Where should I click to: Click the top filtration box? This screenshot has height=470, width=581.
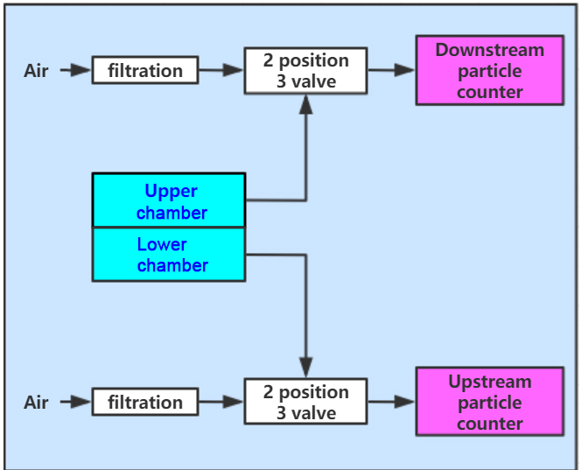tap(145, 70)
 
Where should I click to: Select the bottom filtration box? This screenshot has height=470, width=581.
tap(145, 402)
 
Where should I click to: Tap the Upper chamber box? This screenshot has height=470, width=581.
tap(169, 200)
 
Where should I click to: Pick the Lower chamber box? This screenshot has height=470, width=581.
tap(169, 255)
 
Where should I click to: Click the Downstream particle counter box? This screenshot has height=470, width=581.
tap(490, 70)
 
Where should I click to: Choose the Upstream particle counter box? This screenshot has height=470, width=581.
tap(490, 402)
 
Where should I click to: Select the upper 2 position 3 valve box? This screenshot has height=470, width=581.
tap(305, 70)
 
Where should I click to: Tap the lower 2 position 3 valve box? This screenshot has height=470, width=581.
tap(305, 402)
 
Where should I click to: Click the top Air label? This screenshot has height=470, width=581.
tap(36, 70)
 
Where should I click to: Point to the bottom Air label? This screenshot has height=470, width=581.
tap(36, 402)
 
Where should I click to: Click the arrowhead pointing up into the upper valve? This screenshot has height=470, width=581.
tap(305, 104)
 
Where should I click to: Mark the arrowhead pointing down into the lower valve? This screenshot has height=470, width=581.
tap(305, 368)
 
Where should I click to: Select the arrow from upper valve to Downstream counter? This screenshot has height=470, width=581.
tap(391, 70)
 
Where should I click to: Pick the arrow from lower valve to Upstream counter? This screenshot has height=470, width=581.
tap(391, 402)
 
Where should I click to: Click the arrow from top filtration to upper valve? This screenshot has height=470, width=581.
tap(221, 70)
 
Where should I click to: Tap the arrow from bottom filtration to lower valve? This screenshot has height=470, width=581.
tap(221, 402)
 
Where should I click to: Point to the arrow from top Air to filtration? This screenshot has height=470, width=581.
tap(75, 70)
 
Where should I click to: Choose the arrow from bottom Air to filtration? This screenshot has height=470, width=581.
tap(75, 402)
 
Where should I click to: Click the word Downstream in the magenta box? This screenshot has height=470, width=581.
tap(490, 50)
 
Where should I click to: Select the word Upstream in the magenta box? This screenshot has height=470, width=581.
tap(490, 382)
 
